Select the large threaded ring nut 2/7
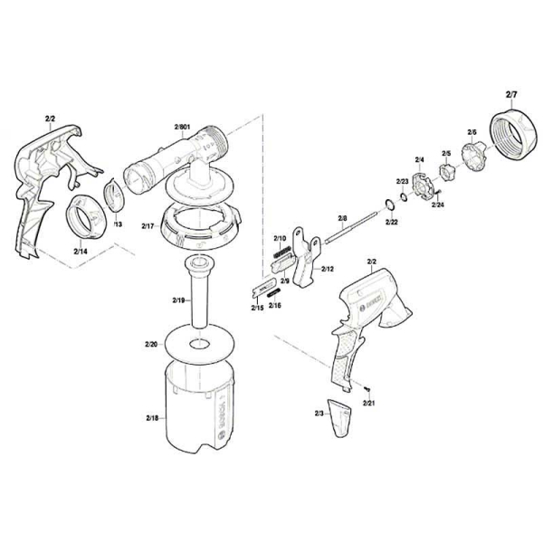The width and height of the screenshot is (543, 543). (511, 138)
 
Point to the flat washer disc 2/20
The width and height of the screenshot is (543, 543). (198, 345)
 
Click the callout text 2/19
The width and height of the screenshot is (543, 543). (178, 299)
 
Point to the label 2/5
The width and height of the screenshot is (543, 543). (446, 154)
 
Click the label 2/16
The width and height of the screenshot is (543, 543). (274, 306)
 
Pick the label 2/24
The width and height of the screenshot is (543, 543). (438, 205)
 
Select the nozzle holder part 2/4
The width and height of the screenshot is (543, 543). (419, 177)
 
